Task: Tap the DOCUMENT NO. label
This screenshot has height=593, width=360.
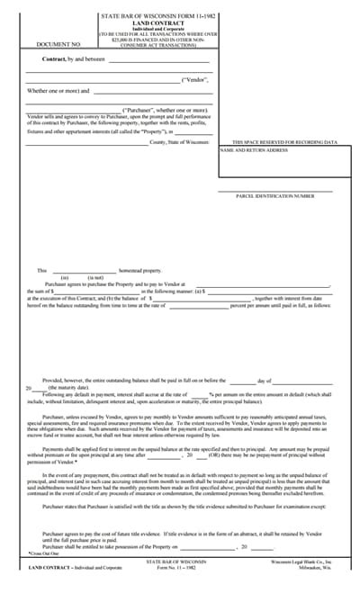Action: tap(59, 43)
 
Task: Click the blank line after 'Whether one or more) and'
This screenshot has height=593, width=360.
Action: tap(152, 91)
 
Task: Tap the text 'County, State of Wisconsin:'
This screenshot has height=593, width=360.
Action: tap(179, 142)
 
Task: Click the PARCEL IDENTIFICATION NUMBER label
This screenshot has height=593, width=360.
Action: tap(275, 194)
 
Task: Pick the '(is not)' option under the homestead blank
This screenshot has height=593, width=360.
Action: tap(95, 277)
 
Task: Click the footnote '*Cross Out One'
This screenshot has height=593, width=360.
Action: tap(43, 553)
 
